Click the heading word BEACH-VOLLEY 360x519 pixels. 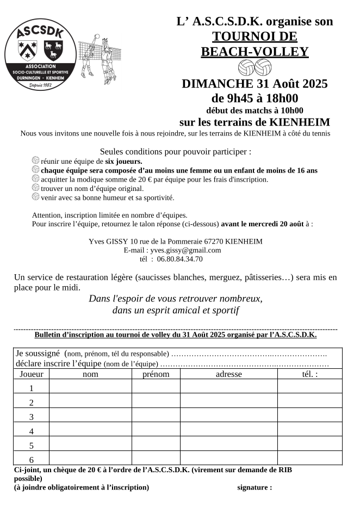pos(255,52)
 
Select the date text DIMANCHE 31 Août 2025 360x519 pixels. pos(255,84)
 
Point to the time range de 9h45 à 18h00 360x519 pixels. pos(255,98)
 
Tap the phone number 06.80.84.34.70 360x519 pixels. pos(179,259)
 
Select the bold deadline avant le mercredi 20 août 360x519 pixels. pos(263,224)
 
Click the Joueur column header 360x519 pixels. pos(31,374)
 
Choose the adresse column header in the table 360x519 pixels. pos(228,374)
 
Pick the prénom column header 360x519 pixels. pos(156,374)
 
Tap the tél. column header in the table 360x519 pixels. pos(309,374)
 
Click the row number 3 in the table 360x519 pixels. pos(31,417)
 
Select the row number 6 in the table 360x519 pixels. pos(31,460)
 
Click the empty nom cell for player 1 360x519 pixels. pos(90,388)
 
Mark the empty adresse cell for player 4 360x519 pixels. pos(228,431)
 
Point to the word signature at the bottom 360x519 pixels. pos(255,487)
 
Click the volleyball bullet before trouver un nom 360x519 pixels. pos(36,188)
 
